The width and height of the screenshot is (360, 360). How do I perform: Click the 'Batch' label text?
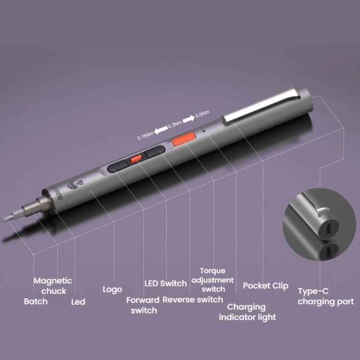(x=36, y=301)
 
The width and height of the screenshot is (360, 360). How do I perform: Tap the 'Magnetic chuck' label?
(x=53, y=286)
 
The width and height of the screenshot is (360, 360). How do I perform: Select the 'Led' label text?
(x=78, y=302)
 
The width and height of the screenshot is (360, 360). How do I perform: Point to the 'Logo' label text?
(x=112, y=289)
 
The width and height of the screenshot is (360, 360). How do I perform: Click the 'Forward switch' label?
(x=143, y=305)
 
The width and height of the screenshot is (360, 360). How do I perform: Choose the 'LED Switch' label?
(x=166, y=283)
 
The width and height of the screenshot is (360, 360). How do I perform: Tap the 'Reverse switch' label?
(x=192, y=300)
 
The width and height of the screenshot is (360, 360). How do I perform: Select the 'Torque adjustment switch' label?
(x=213, y=280)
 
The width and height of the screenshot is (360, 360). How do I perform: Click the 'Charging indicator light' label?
(x=247, y=312)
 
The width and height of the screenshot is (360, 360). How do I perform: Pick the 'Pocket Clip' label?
(x=265, y=286)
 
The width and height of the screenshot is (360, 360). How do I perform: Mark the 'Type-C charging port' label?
(x=325, y=297)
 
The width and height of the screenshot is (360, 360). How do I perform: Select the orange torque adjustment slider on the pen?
(x=183, y=140)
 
